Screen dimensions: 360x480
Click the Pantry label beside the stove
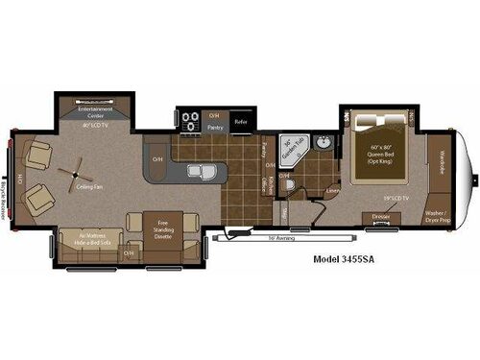pyautogui.click(x=216, y=126)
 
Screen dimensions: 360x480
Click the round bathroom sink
pyautogui.click(x=323, y=144)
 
